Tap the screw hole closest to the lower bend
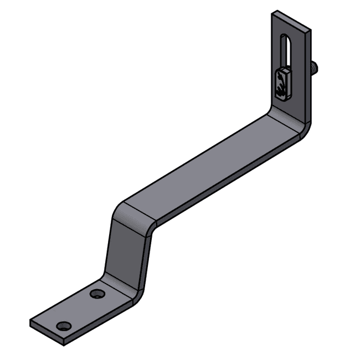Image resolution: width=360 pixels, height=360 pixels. (98, 294)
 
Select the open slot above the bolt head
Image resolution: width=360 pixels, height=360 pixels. (286, 52)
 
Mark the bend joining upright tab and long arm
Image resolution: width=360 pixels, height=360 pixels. (287, 119)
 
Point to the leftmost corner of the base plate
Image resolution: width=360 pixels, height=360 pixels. (30, 322)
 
